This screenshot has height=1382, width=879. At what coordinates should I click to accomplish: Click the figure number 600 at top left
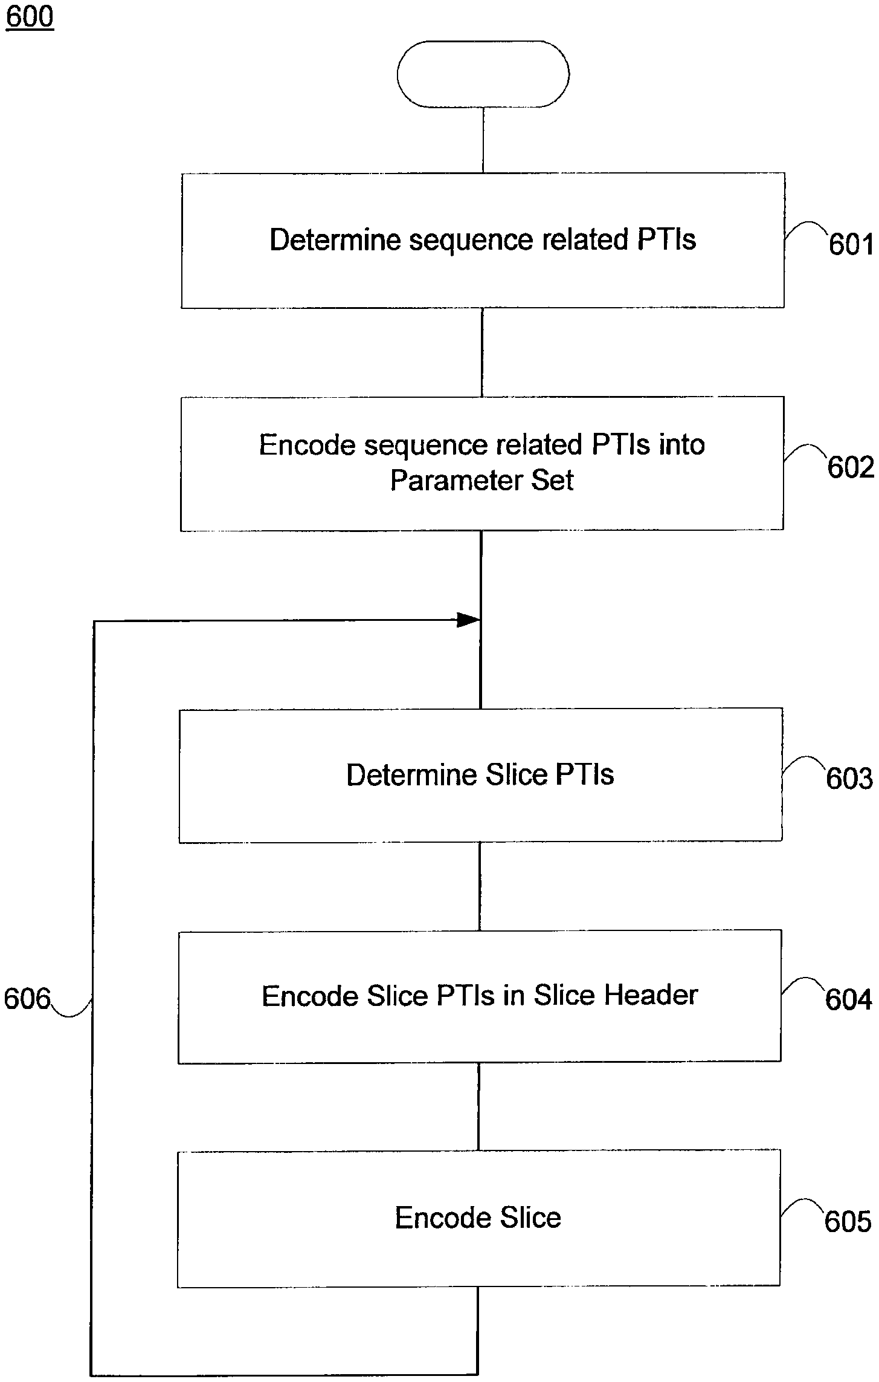coord(30,16)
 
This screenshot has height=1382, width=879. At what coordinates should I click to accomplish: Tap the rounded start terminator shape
coord(483,74)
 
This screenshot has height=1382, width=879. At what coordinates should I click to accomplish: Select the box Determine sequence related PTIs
coord(483,241)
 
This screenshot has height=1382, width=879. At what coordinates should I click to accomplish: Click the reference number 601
coord(851,245)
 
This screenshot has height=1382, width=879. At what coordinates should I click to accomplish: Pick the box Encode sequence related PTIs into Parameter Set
coord(482,464)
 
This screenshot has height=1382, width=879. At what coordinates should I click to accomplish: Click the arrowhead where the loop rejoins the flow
coord(468,620)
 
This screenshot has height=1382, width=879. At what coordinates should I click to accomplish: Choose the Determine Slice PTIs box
coord(480,775)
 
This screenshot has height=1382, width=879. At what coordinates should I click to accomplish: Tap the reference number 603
coord(849,779)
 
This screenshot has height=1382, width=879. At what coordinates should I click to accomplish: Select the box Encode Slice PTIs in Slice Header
coord(480,996)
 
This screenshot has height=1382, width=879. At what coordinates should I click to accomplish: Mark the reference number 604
coord(848,999)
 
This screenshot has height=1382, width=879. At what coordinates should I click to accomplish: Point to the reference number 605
coord(848,1222)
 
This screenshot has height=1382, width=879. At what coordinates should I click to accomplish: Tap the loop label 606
coord(27,999)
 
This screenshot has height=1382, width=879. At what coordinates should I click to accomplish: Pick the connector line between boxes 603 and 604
coord(480,886)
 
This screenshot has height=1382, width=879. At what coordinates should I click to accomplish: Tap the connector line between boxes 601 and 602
coord(481,352)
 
